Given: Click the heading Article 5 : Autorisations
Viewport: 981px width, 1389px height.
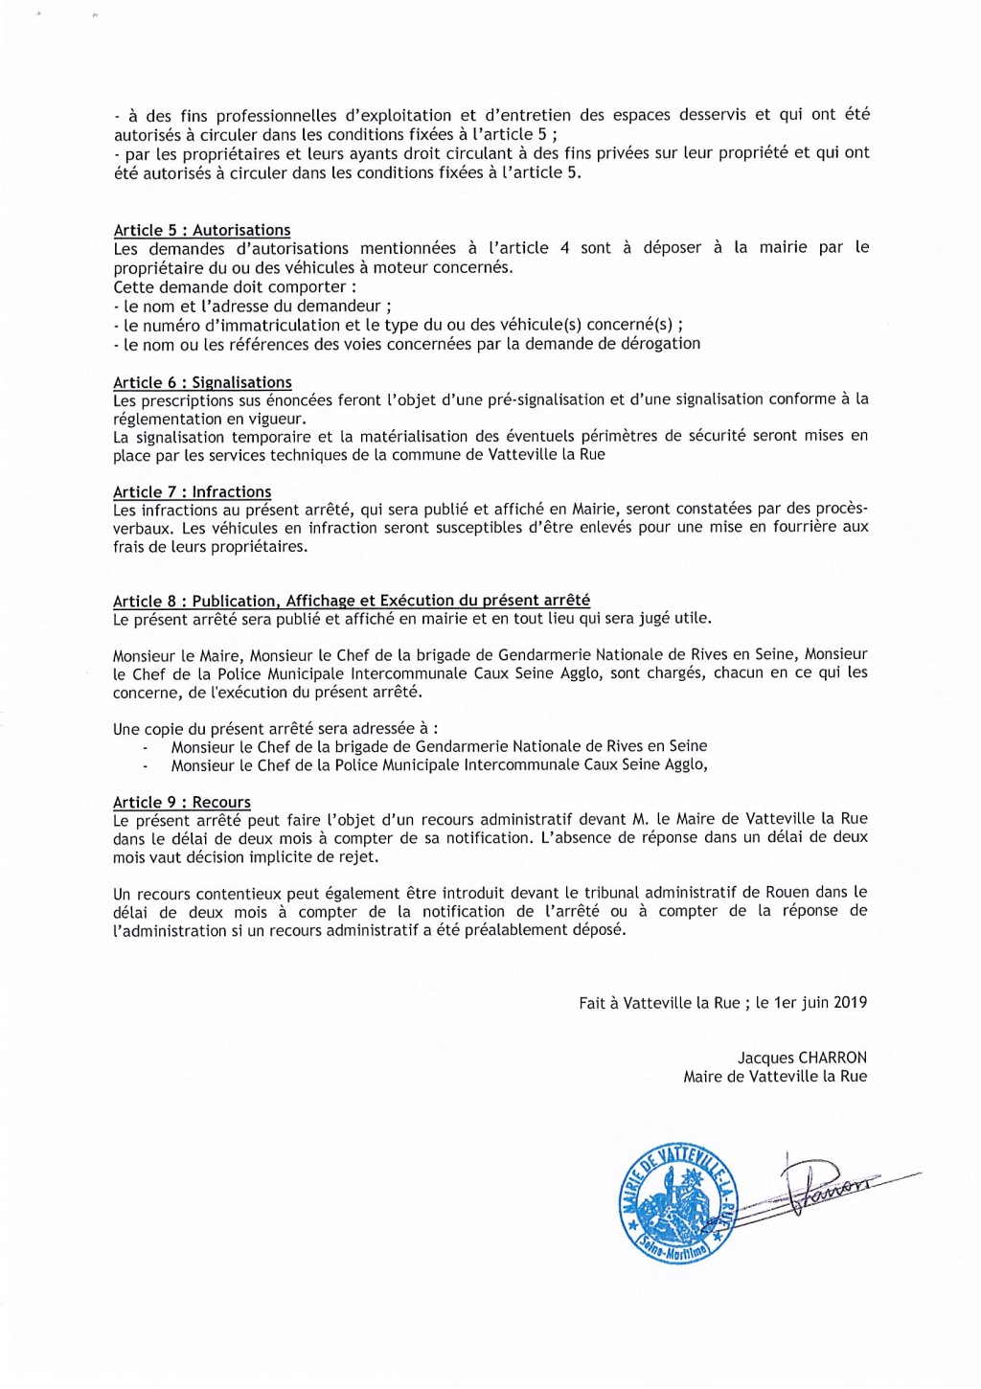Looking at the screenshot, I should coord(201,230).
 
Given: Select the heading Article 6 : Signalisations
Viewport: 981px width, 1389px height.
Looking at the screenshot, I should coord(202,382).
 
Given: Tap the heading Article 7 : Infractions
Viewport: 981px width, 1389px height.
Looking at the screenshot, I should coord(192,491).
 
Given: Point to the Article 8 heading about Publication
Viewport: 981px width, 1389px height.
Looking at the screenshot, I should coord(351,601).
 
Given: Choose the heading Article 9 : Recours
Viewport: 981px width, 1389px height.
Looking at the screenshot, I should coord(181,802).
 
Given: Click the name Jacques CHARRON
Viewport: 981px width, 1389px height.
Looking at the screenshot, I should coord(802,1058).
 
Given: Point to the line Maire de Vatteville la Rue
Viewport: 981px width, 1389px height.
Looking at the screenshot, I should coord(774,1077).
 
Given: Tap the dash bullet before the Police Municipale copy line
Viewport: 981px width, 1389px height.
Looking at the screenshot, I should coord(146,766).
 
